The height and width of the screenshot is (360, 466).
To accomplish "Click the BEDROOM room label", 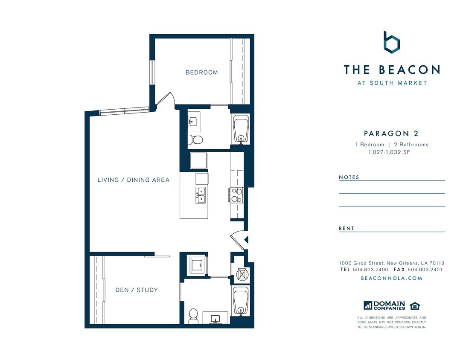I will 201,73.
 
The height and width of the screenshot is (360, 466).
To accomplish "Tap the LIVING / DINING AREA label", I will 133,180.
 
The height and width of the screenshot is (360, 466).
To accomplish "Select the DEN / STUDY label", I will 137,290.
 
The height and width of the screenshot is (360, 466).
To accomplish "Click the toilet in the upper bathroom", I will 197,139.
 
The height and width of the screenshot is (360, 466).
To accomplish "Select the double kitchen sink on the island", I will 201,194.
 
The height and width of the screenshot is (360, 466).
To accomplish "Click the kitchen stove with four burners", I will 236,195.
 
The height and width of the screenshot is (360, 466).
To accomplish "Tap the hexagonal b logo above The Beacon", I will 391,43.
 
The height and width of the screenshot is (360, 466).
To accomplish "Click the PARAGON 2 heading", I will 391,134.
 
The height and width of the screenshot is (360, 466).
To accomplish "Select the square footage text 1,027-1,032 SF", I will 389,152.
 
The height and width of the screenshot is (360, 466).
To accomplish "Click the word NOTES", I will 349,177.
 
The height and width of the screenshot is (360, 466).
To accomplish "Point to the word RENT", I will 347,229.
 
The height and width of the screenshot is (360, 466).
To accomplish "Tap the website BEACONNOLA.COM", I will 391,278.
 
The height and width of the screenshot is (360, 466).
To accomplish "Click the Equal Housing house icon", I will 414,305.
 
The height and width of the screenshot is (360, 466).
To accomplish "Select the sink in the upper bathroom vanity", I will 193,122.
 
